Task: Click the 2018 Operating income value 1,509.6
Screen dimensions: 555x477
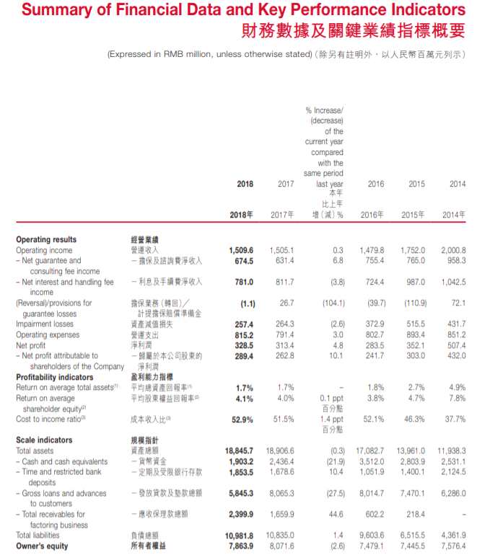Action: point(240,249)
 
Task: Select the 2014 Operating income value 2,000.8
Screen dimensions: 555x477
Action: point(452,249)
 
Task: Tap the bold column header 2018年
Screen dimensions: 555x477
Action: point(241,215)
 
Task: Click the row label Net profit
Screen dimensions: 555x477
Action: point(32,345)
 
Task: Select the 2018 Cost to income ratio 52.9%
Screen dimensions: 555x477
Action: point(242,419)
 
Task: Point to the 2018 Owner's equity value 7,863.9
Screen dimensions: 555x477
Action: point(240,546)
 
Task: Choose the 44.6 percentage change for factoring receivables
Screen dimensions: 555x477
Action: point(336,515)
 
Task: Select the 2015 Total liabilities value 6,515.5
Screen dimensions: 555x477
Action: point(411,536)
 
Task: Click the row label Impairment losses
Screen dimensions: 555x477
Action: point(45,324)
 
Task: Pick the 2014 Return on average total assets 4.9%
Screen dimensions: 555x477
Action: point(457,388)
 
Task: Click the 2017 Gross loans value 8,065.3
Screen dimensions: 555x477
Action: point(281,493)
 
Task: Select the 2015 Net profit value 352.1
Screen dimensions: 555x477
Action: point(414,345)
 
